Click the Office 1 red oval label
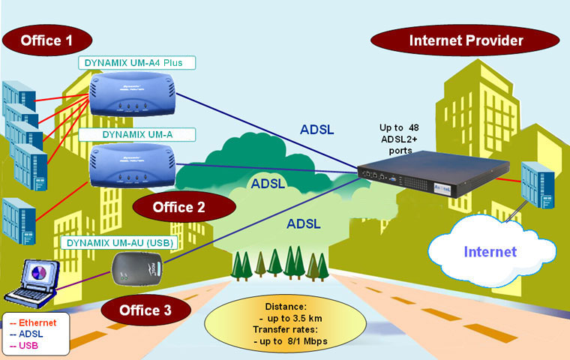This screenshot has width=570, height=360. [x=46, y=39]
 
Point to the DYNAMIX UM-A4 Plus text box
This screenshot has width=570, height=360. [x=136, y=63]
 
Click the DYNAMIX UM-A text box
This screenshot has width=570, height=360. [x=137, y=135]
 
